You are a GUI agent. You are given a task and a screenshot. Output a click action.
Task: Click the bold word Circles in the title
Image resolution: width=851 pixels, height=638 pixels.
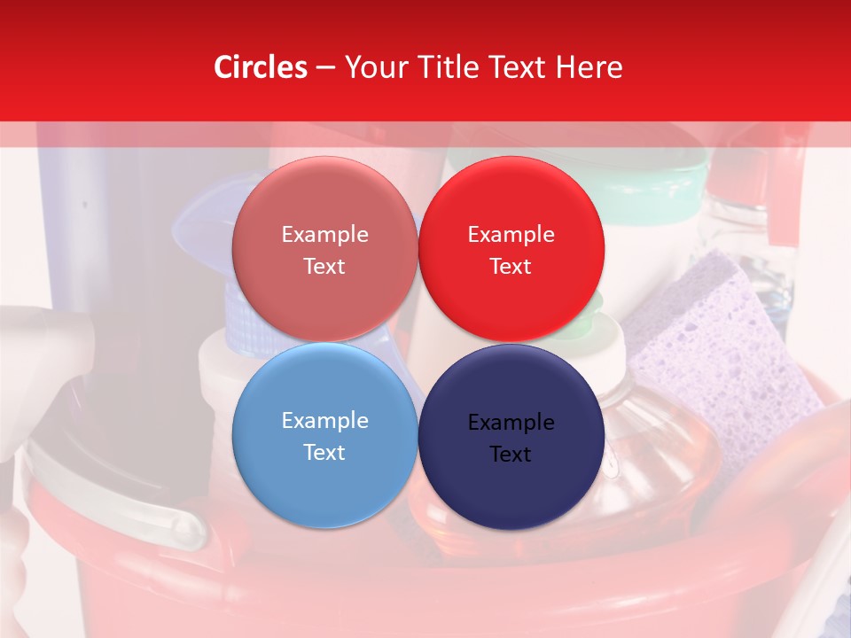click(x=261, y=67)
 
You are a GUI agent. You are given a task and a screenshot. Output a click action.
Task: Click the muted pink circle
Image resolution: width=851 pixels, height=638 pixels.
click(x=324, y=249)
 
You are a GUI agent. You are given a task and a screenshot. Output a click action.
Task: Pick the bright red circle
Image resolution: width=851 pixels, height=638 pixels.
click(x=511, y=249)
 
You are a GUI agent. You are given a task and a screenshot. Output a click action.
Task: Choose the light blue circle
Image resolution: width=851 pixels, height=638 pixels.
click(x=324, y=435)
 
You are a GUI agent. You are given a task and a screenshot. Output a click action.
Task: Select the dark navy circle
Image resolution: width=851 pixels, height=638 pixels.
click(x=511, y=437)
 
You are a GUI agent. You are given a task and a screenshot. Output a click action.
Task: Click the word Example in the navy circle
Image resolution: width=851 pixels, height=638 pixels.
click(x=511, y=423)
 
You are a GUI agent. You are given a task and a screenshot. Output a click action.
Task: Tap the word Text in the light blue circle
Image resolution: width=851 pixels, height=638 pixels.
click(x=324, y=452)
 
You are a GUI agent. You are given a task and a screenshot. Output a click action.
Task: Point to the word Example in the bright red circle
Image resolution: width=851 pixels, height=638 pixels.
click(x=511, y=235)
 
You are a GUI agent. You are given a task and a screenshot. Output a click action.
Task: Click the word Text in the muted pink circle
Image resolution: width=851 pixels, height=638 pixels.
click(x=324, y=267)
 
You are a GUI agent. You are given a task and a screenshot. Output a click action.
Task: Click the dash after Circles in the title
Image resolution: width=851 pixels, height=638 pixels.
click(x=325, y=68)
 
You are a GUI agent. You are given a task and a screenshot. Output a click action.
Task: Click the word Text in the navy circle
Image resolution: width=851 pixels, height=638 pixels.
click(x=511, y=455)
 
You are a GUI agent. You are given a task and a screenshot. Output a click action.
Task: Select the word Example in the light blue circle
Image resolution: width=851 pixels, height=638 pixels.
click(x=324, y=421)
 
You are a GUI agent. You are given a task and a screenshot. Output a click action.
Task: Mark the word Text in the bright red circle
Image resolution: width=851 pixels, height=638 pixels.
click(x=511, y=267)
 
